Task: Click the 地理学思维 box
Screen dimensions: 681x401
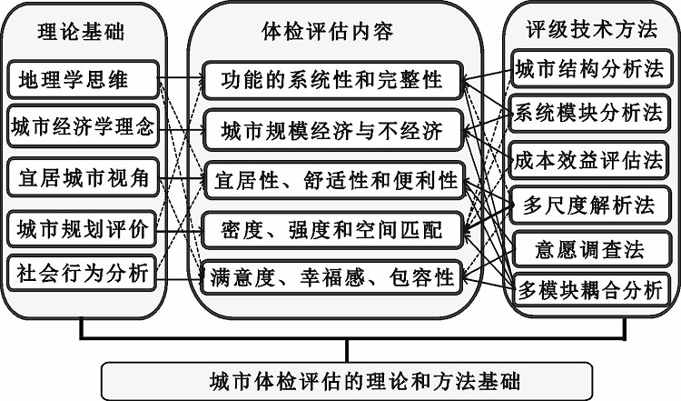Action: click(x=83, y=80)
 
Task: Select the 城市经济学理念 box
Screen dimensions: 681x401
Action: click(x=83, y=126)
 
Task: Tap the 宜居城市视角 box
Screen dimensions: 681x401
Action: click(x=83, y=178)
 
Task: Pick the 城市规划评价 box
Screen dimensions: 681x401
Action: click(x=82, y=229)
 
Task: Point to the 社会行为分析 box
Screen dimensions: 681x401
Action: click(x=82, y=273)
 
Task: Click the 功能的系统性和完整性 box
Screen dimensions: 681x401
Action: click(x=331, y=80)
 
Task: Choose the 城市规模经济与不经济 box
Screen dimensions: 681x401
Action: click(x=331, y=131)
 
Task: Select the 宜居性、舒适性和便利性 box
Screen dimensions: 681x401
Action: click(x=334, y=180)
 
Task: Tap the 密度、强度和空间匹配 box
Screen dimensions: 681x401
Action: click(x=331, y=230)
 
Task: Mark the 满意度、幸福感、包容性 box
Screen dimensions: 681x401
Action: click(x=331, y=277)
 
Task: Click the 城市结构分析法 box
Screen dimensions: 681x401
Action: click(x=590, y=69)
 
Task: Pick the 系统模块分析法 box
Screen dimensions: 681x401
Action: click(x=589, y=113)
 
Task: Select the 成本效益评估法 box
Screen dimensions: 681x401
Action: click(x=588, y=160)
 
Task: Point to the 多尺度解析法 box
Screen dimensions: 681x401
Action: click(x=590, y=205)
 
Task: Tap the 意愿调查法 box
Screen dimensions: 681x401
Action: click(x=590, y=249)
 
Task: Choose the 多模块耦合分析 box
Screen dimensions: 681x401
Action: click(x=590, y=290)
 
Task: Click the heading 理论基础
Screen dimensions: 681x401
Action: click(x=81, y=32)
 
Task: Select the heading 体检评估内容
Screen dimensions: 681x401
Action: click(x=328, y=31)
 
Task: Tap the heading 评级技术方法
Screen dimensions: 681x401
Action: click(x=592, y=30)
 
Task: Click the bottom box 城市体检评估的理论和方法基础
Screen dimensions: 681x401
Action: click(x=347, y=381)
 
